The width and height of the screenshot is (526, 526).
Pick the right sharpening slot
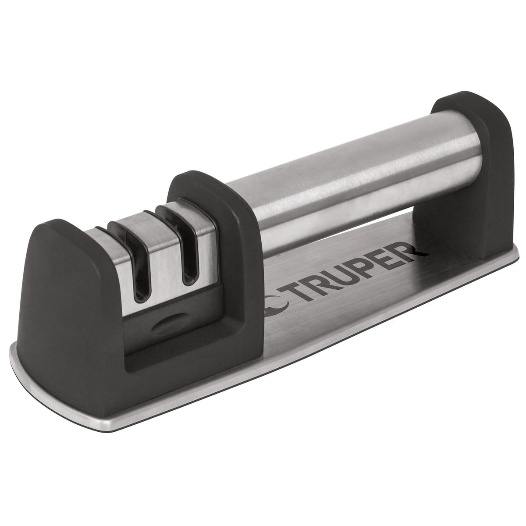pos(188,254)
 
